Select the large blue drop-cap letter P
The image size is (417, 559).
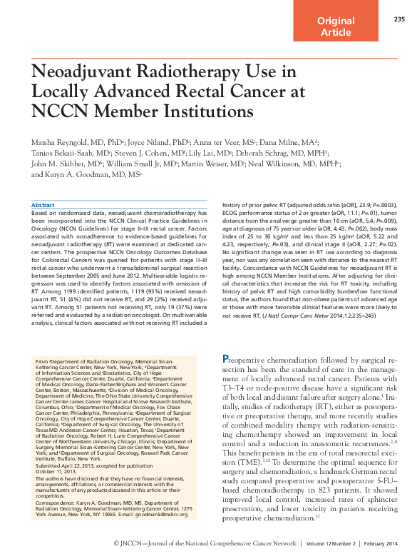click(227, 359)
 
